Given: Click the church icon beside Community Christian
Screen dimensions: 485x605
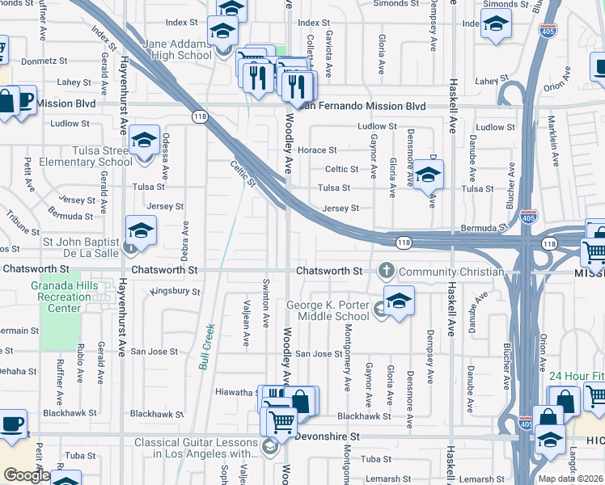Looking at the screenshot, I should pos(387,271).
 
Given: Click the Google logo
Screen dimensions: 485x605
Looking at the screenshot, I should pos(26,475).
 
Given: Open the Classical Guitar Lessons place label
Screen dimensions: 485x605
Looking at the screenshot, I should pos(195,447).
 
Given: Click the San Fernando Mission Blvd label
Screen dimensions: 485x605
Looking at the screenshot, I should pos(362,106).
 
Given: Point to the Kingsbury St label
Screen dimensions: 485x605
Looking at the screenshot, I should pos(175,290).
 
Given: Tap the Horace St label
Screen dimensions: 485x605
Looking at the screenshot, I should pos(316,150).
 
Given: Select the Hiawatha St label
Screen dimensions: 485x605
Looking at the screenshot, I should pos(236,392).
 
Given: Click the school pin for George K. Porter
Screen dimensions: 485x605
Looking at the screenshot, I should pos(399,301).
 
